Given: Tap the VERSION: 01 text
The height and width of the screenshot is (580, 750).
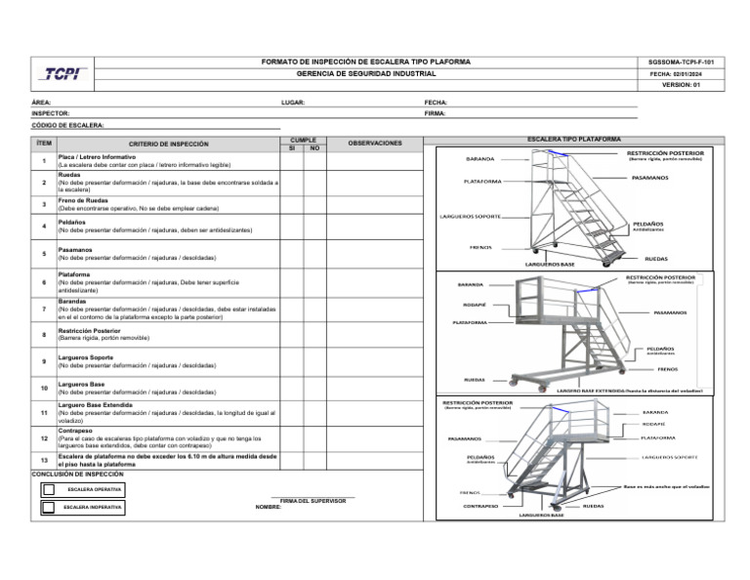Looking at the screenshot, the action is click(x=681, y=85).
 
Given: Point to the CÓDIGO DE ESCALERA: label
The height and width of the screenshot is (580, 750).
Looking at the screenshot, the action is click(x=67, y=126).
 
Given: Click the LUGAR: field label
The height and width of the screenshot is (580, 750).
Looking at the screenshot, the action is click(x=293, y=102).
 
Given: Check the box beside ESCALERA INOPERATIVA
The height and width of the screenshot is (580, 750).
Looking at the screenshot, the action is click(x=49, y=508).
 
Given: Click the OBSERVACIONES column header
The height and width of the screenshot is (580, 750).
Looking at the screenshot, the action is click(x=375, y=144).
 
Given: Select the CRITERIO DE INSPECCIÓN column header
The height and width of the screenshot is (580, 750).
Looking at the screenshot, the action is click(x=169, y=144).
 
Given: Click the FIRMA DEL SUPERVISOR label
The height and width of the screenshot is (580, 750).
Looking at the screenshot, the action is click(x=312, y=501).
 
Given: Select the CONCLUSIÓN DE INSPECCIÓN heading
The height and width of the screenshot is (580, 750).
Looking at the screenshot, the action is click(x=77, y=475).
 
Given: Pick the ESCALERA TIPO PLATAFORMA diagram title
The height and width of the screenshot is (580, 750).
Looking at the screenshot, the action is click(x=573, y=140).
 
